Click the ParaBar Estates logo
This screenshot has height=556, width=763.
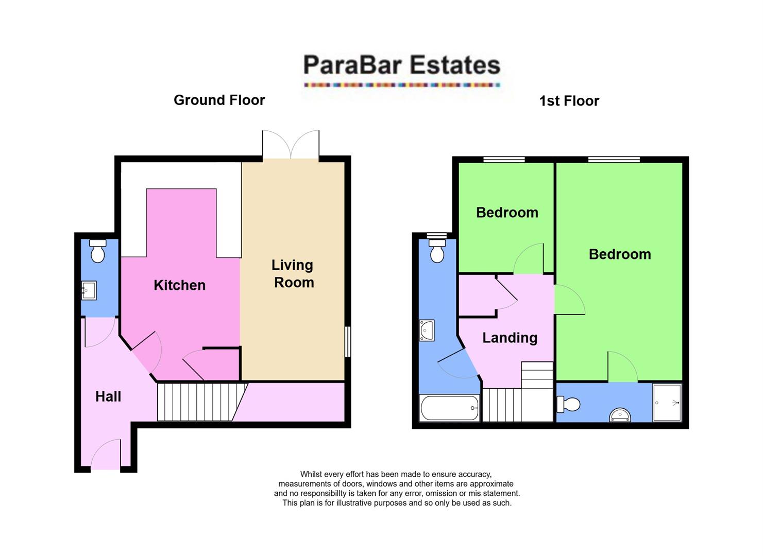point(401,69)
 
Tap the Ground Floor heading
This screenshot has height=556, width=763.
point(219,100)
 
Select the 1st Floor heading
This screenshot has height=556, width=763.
point(569,101)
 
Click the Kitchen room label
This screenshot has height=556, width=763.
point(179,285)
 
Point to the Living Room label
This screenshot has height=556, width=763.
point(293,273)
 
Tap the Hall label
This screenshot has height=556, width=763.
point(108,396)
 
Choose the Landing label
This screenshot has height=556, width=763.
point(510,338)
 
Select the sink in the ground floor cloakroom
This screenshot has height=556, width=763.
point(89,290)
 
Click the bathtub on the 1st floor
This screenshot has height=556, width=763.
point(450,408)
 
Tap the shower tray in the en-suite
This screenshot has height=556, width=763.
point(667,403)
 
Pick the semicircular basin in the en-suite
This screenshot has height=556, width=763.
point(620,415)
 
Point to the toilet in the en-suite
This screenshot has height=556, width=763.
point(568,404)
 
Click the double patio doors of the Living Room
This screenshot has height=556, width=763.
point(291,145)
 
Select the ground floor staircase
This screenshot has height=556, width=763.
point(198,402)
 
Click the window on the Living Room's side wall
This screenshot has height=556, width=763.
point(348,341)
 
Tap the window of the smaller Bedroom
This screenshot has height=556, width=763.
point(504,160)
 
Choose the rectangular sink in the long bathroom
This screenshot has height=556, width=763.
point(427,331)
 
